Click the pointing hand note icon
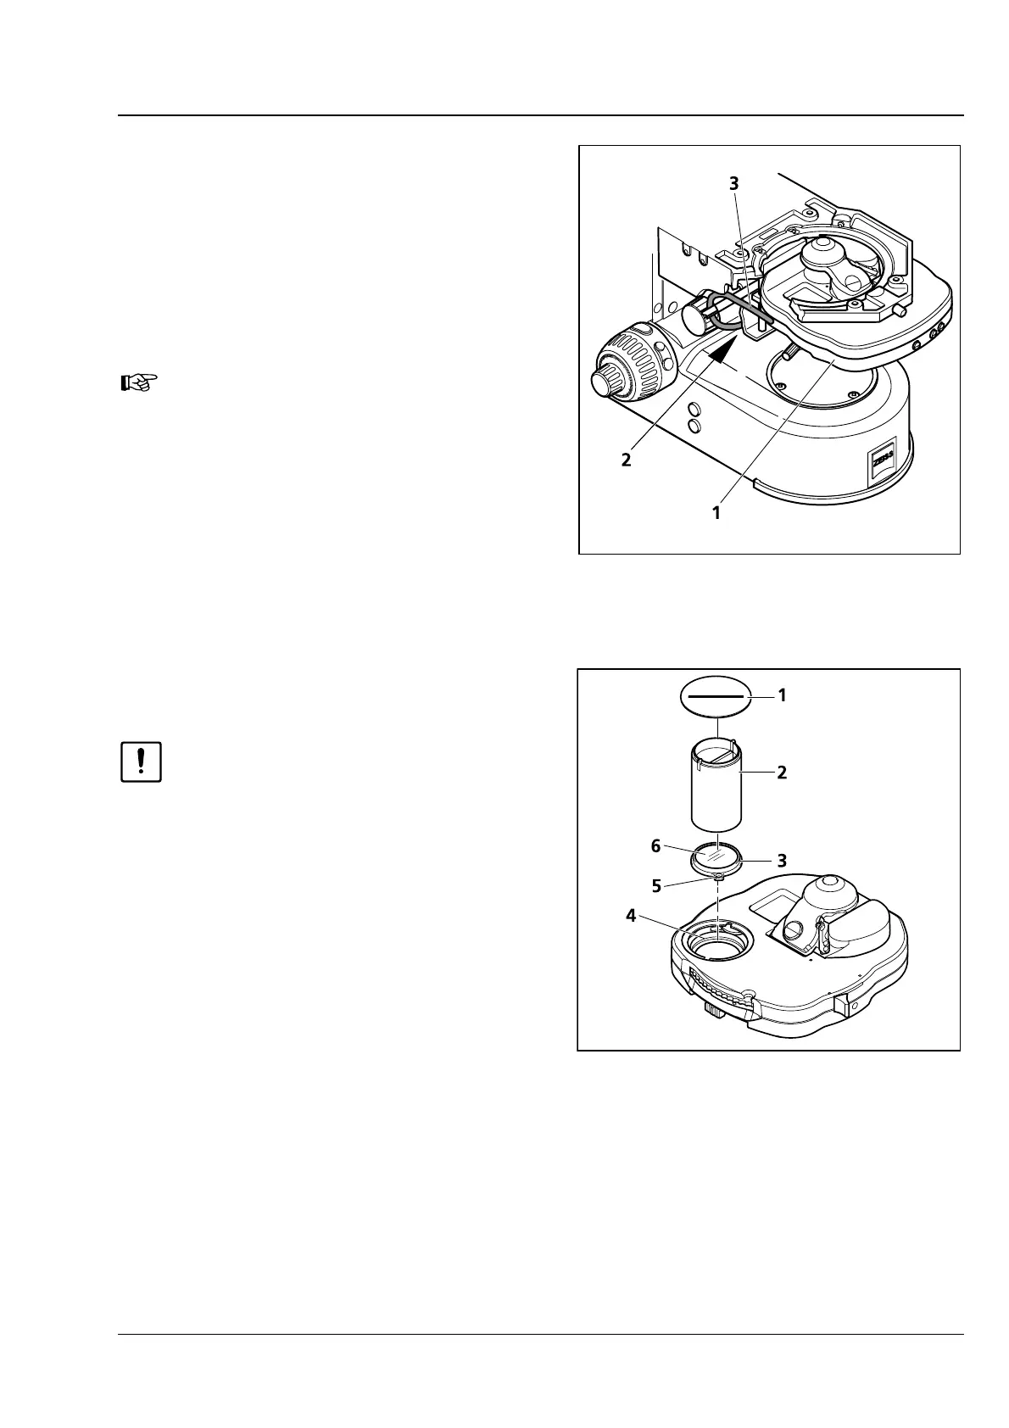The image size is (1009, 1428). (137, 382)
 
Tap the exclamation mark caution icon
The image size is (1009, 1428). (141, 762)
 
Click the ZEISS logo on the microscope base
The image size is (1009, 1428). (877, 466)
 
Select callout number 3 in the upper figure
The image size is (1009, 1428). (734, 183)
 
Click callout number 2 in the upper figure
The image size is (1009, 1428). (626, 460)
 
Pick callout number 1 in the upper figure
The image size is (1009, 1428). (716, 512)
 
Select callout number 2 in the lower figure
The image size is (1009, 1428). (782, 773)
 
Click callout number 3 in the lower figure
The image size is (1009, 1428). (782, 860)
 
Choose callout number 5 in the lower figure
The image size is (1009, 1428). (656, 885)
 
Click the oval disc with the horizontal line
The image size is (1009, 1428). (716, 696)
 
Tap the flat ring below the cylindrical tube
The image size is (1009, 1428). (716, 861)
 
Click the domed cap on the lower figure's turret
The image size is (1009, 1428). (827, 892)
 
